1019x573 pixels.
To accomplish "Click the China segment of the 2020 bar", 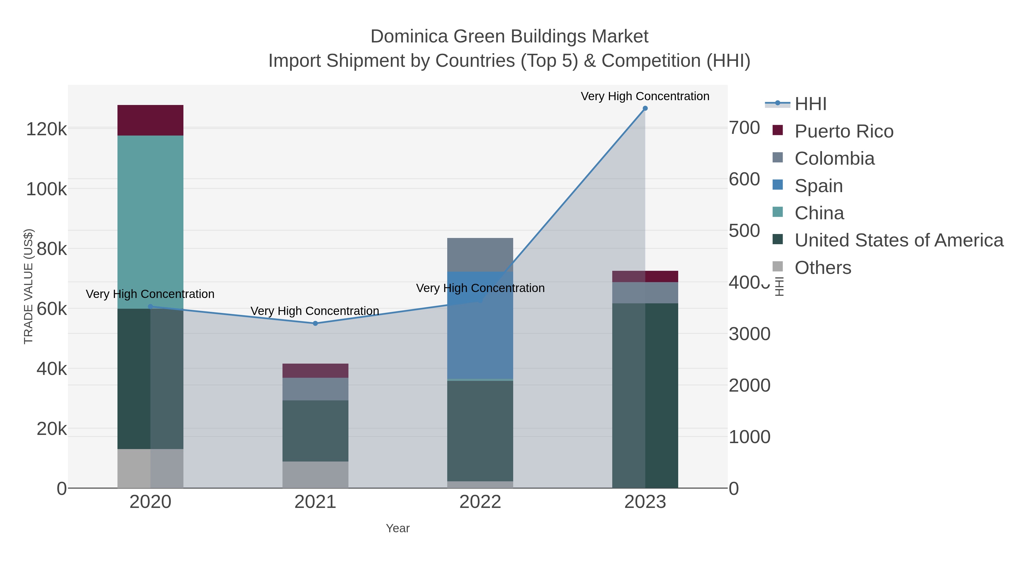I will coord(150,222).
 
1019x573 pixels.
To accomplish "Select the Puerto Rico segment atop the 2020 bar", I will coord(150,120).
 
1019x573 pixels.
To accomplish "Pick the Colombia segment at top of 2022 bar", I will coord(480,255).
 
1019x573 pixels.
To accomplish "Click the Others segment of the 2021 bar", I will coord(315,475).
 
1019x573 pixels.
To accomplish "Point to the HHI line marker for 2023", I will coord(645,108).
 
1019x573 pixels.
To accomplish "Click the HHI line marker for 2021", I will coord(315,323).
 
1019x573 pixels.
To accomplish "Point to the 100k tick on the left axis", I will coord(46,189).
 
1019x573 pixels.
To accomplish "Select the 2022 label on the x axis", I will coord(480,502).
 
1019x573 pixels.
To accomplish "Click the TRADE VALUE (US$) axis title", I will coord(29,286).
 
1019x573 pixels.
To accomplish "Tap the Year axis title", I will coord(398,528).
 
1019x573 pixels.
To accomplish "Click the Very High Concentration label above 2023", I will coord(645,96).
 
